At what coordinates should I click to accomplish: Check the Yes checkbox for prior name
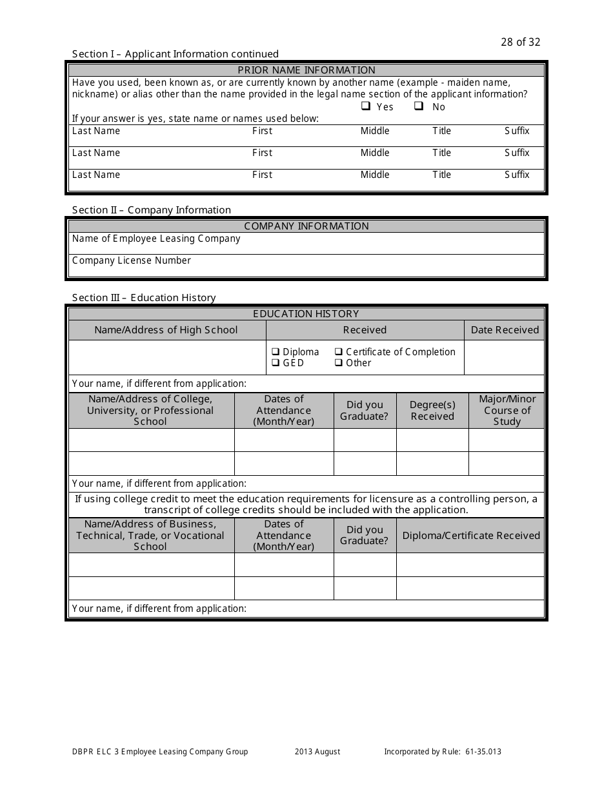coord(366,106)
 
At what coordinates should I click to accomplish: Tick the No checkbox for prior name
coord(418,106)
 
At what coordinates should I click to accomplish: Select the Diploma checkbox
coord(275,352)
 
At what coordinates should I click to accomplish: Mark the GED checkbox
coord(275,363)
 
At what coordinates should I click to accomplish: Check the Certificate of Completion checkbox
coord(338,352)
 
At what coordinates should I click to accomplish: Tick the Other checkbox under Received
coord(338,363)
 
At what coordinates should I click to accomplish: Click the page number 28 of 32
coord(520,43)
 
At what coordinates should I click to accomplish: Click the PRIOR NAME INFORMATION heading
coord(306,70)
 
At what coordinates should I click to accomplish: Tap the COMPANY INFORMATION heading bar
coord(306,226)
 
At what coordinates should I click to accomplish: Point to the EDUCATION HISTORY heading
coord(306,314)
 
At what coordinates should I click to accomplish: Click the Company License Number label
coord(132,260)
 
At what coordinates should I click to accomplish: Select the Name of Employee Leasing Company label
coord(156,239)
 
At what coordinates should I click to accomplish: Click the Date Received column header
coord(505,330)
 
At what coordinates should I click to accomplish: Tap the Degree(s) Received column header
coord(432,411)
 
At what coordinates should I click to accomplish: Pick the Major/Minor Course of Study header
coord(507,411)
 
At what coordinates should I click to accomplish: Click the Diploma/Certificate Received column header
coord(471,536)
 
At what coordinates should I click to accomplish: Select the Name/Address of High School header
coord(166,330)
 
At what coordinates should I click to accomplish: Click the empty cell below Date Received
coord(505,358)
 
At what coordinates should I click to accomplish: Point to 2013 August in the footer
coord(317,752)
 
